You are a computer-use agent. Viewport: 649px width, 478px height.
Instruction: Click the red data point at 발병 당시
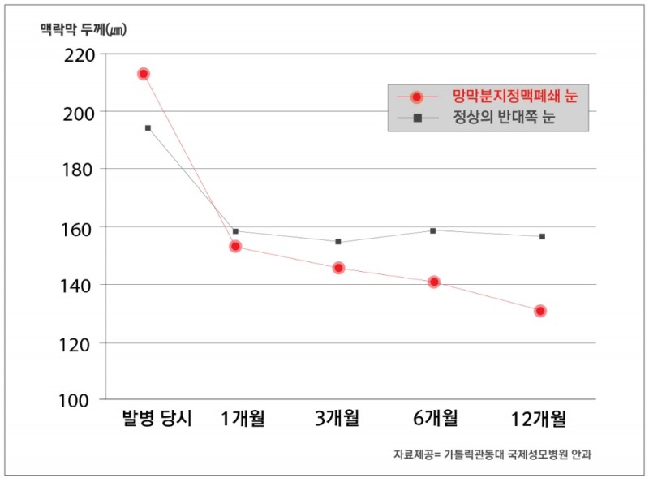pyautogui.click(x=144, y=74)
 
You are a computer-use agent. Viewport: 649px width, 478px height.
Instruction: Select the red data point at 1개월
pyautogui.click(x=235, y=246)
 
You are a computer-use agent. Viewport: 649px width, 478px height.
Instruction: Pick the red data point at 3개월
pyautogui.click(x=338, y=268)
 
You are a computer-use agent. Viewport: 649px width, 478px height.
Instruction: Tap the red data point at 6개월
pyautogui.click(x=434, y=282)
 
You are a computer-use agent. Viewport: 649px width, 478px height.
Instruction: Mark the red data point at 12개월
pyautogui.click(x=540, y=311)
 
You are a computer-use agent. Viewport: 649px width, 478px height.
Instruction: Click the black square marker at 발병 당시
pyautogui.click(x=148, y=127)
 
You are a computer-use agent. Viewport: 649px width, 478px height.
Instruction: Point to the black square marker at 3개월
pyautogui.click(x=338, y=242)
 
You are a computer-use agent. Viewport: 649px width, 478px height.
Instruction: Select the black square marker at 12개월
pyautogui.click(x=542, y=236)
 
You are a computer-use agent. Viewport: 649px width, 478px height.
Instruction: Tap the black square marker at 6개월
pyautogui.click(x=433, y=230)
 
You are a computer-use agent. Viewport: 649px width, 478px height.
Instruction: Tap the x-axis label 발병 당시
pyautogui.click(x=156, y=419)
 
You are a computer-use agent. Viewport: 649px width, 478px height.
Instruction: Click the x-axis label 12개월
pyautogui.click(x=539, y=419)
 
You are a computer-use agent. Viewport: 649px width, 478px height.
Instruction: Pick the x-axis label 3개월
pyautogui.click(x=337, y=419)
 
